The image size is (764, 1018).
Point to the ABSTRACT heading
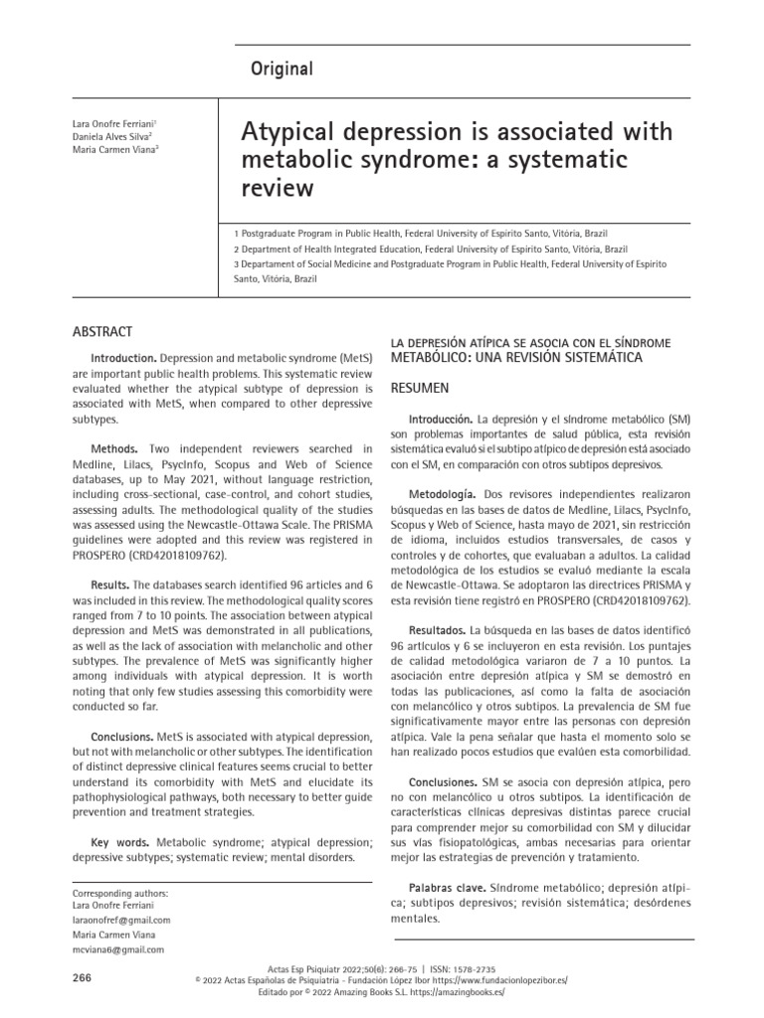tap(104, 331)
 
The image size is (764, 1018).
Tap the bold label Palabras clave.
tap(447, 886)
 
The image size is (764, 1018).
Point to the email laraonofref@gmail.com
tap(122, 920)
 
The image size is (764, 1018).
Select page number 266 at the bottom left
tap(83, 978)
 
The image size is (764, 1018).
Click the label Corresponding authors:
tap(121, 893)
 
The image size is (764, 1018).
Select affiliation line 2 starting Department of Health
tap(431, 249)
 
